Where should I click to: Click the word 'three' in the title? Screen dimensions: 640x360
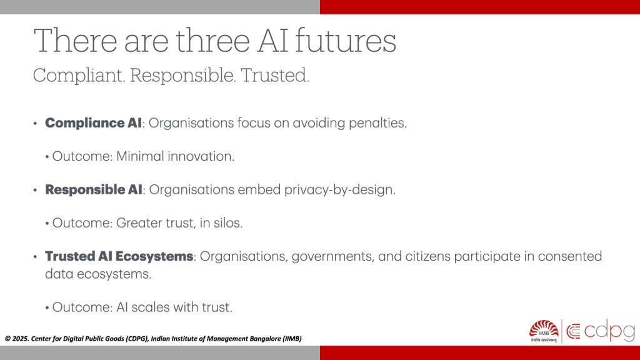212,41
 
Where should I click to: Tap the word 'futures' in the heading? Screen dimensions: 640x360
345,41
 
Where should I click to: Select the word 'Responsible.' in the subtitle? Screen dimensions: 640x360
183,76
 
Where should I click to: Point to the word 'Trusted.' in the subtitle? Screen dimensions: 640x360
275,76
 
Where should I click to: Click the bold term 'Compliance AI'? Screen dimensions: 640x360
94,123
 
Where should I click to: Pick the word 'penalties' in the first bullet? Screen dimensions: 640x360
377,123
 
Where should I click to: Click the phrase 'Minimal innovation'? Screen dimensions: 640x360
175,156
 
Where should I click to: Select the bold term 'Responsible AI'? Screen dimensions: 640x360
94,189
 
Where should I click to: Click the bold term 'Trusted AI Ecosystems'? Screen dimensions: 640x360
119,256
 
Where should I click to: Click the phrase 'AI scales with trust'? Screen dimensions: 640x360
174,307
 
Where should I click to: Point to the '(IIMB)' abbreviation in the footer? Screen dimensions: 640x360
292,339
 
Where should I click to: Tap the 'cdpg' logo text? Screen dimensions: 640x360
609,331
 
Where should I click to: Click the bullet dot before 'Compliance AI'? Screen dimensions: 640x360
36,123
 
